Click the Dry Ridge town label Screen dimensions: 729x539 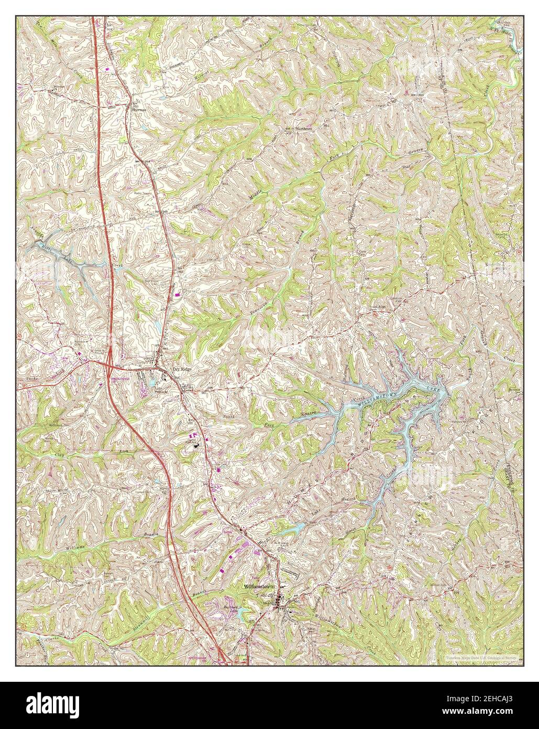coord(177,369)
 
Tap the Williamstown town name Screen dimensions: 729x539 coord(256,586)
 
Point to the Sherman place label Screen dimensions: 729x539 coord(138,111)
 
